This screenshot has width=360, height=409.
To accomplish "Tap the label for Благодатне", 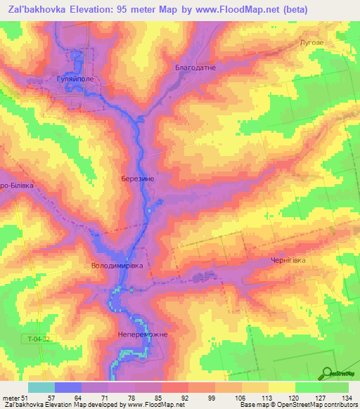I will pyautogui.click(x=195, y=67).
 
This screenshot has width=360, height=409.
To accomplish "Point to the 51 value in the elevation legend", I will pyautogui.click(x=25, y=398).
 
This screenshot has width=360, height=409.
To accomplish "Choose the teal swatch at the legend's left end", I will pyautogui.click(x=41, y=387).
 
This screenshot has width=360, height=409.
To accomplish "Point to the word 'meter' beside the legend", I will pyautogui.click(x=10, y=398).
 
